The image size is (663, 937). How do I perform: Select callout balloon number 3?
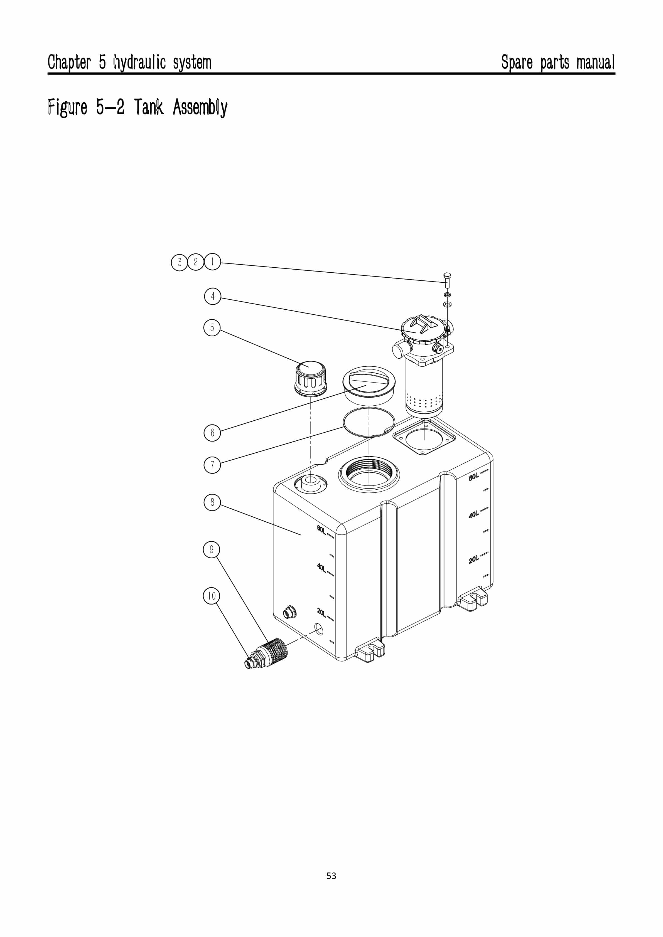point(179,262)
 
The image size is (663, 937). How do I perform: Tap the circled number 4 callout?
point(212,296)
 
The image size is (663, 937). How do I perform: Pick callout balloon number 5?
point(212,328)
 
